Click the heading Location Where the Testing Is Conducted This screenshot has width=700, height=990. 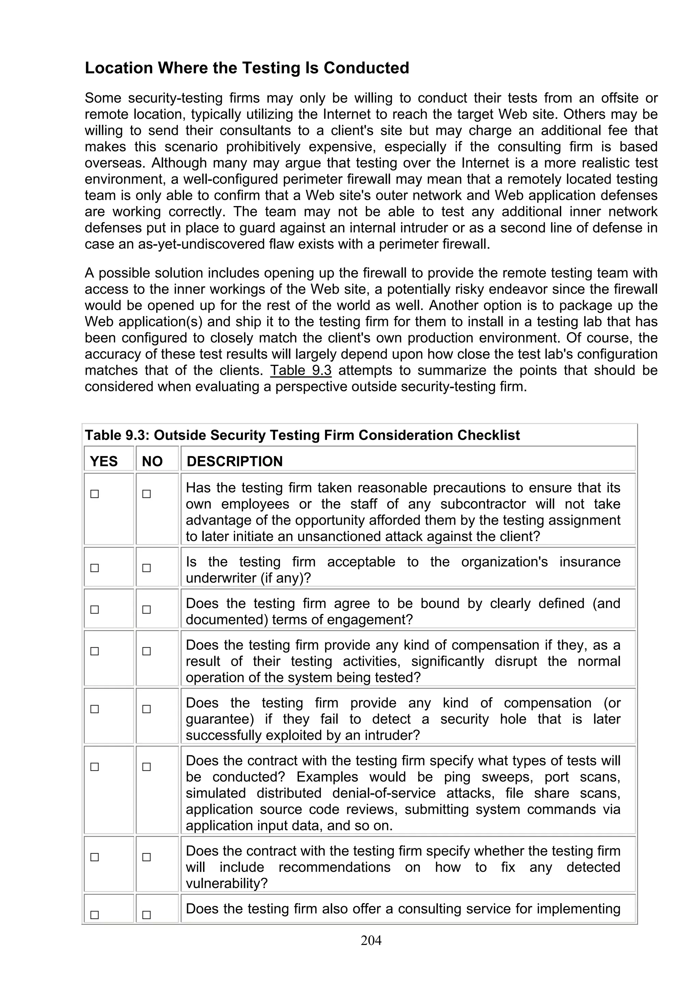[x=247, y=68]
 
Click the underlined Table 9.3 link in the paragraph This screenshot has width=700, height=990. [x=301, y=370]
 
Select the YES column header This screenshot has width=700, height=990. [x=104, y=462]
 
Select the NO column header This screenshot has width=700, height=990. [x=152, y=462]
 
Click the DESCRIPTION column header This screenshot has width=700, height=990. [x=234, y=462]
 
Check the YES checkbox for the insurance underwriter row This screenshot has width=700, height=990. [x=94, y=568]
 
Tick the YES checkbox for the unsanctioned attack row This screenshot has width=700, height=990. [x=94, y=494]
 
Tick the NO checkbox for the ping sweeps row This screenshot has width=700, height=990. [x=147, y=767]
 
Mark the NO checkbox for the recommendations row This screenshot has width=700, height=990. [x=147, y=857]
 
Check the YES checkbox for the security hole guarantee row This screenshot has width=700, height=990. [x=94, y=709]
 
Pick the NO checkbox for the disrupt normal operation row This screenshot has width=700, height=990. [x=147, y=651]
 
